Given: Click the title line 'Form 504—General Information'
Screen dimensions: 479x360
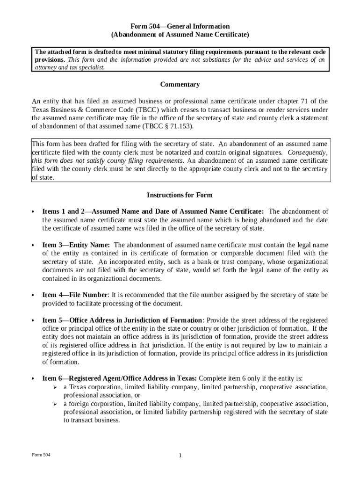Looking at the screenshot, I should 180,26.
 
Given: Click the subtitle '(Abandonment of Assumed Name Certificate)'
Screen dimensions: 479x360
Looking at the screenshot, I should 180,35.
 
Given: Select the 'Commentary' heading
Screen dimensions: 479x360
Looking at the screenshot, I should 180,85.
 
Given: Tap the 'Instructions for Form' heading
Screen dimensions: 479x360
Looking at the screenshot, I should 180,195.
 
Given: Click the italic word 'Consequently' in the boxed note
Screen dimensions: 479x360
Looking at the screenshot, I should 307,152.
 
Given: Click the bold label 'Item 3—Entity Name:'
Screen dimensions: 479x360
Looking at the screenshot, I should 76,245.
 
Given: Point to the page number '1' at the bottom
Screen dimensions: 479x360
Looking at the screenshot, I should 180,456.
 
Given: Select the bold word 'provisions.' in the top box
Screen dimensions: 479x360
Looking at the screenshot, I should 50,60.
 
